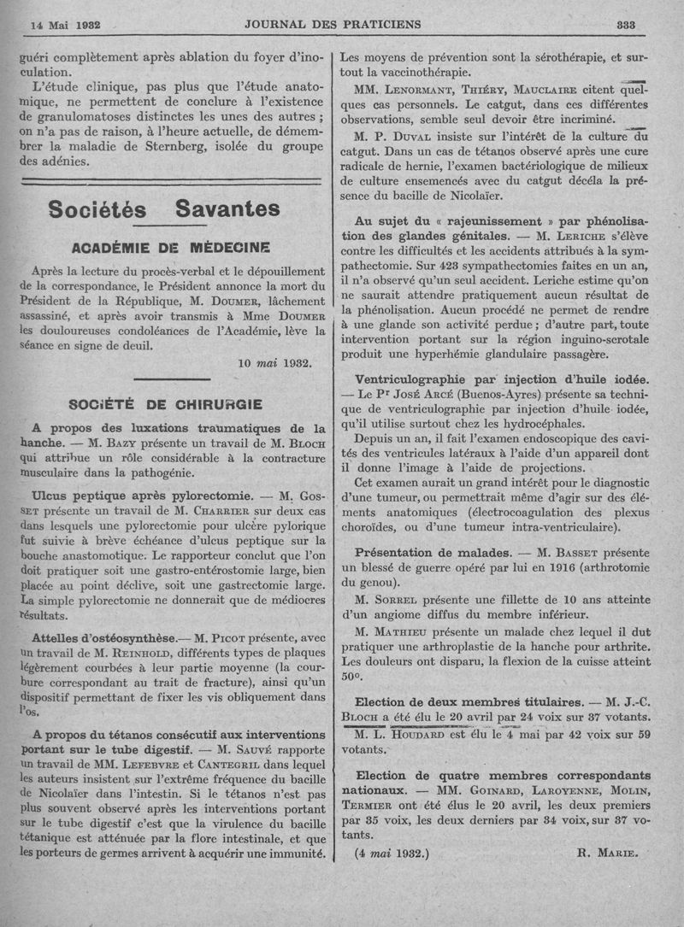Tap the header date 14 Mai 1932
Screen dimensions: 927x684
click(x=66, y=26)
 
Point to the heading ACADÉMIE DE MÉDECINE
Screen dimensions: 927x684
click(x=172, y=248)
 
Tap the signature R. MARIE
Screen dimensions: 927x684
click(x=608, y=852)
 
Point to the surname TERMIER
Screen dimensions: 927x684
click(x=370, y=805)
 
